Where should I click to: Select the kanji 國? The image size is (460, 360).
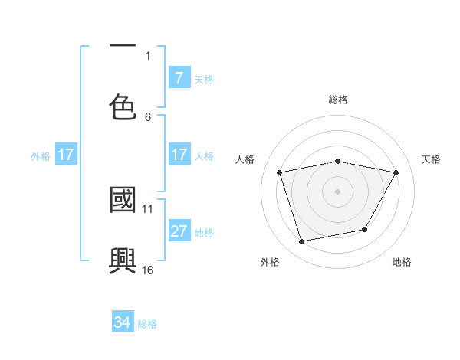(123, 201)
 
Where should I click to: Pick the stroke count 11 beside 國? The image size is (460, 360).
(148, 208)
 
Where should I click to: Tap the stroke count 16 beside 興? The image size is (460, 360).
(148, 270)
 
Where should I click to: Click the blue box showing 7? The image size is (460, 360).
(179, 78)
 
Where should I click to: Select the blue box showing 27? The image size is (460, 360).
(179, 231)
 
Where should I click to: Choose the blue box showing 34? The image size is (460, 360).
(123, 323)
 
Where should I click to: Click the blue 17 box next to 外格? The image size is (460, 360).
(66, 155)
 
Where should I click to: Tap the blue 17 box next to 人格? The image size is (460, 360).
(179, 155)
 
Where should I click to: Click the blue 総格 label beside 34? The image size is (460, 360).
(147, 324)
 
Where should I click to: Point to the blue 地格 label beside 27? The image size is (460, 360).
(204, 232)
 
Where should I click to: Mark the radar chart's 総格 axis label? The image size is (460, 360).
(337, 100)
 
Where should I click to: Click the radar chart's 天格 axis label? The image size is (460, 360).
(431, 159)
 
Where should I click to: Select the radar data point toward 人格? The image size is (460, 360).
(280, 172)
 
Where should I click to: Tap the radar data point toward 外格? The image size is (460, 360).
(302, 242)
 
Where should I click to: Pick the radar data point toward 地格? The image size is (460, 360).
(365, 229)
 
